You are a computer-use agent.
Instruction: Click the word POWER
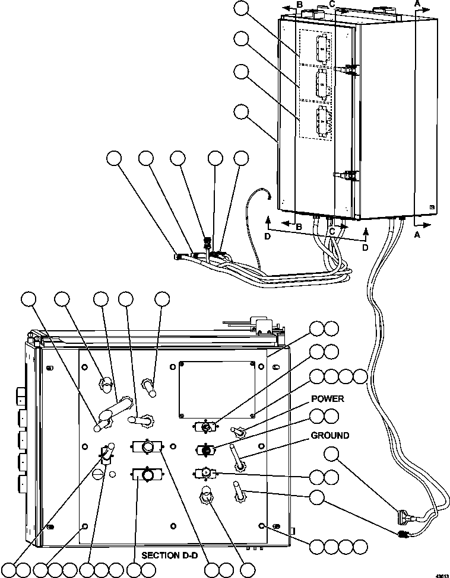pyautogui.click(x=327, y=399)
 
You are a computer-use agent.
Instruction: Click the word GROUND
pyautogui.click(x=329, y=436)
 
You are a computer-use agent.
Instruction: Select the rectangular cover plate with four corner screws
pyautogui.click(x=218, y=388)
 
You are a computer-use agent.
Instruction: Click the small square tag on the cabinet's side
pyautogui.click(x=432, y=207)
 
